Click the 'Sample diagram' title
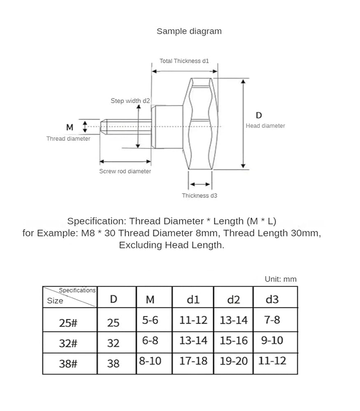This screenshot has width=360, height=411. click(189, 31)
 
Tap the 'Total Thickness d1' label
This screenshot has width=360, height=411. click(184, 61)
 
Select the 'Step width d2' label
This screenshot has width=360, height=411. click(130, 101)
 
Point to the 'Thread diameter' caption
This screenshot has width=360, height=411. click(68, 139)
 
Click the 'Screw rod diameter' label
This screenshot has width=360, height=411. click(125, 171)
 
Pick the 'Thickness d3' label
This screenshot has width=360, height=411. click(200, 196)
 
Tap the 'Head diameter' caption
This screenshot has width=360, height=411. click(265, 126)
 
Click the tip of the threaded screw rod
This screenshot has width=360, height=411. click(100, 127)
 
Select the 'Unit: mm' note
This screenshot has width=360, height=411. click(281, 279)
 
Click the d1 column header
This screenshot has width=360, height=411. click(193, 299)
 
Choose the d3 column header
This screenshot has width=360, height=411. click(272, 299)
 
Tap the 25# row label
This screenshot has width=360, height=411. click(68, 323)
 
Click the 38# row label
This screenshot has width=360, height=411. click(68, 364)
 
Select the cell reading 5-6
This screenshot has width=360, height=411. click(150, 320)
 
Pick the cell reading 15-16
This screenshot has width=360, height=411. click(234, 340)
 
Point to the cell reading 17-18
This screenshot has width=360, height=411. click(193, 361)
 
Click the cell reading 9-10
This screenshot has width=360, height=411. click(272, 340)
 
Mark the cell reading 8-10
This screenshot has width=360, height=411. click(150, 361)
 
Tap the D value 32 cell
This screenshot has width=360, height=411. click(113, 343)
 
